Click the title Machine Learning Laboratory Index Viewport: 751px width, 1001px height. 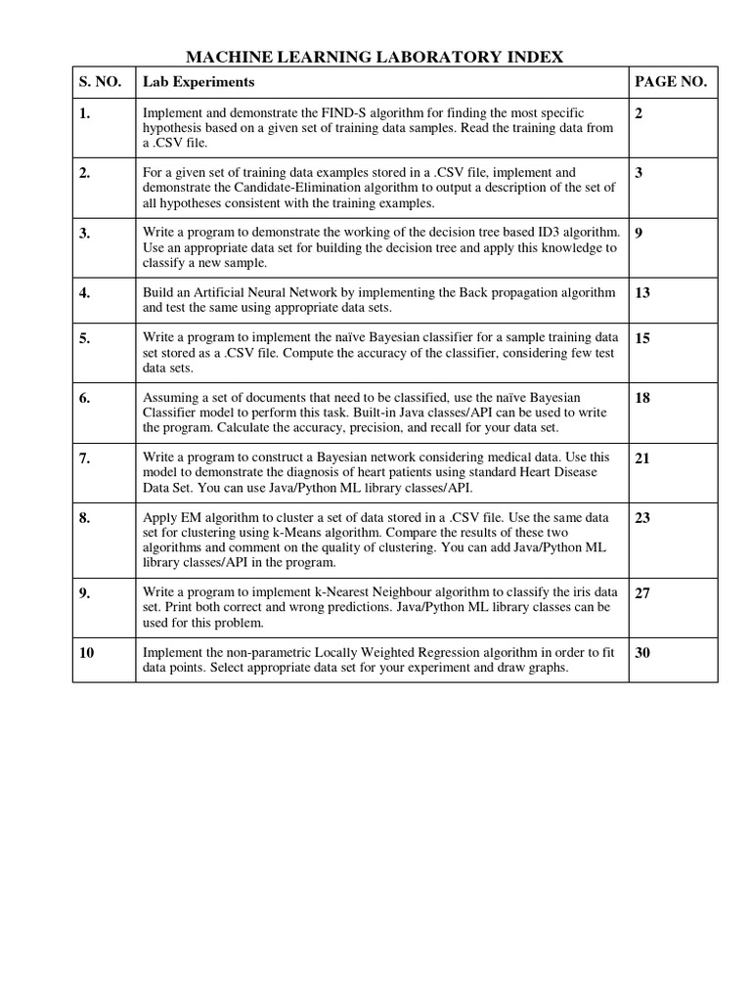375,57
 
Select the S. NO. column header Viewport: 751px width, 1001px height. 99,82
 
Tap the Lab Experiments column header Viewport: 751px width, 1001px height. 199,82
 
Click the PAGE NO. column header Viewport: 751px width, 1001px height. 670,82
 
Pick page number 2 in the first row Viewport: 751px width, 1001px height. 639,113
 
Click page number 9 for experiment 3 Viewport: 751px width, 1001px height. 639,233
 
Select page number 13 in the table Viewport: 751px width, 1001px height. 642,292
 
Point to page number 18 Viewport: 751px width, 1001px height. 642,398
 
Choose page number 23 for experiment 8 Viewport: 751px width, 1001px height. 642,517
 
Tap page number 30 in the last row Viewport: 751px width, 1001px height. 642,653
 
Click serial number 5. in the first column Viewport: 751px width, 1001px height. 86,338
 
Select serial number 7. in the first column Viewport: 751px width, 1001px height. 86,457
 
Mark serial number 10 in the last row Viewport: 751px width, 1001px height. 87,653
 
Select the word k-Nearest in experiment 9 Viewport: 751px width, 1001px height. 377,592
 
